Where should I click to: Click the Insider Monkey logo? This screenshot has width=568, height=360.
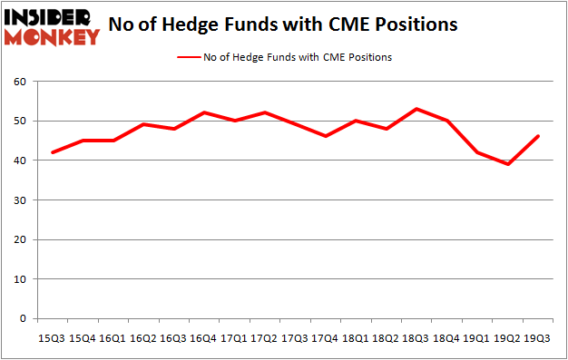coord(52,26)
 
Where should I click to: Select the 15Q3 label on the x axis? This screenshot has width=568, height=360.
coord(52,338)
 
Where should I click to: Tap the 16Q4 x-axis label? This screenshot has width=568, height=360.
coord(203,338)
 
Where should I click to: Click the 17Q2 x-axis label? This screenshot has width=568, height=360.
coord(264,338)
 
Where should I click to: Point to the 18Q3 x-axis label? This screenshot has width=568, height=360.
coord(415,338)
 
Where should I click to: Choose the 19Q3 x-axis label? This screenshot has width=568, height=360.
coord(536,338)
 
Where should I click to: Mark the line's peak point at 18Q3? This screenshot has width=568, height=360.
coord(416,109)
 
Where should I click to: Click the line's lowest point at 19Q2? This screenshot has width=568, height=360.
coord(506,164)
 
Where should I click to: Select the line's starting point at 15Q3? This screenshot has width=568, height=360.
coord(52,152)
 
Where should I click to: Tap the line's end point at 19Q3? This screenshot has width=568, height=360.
coord(537,137)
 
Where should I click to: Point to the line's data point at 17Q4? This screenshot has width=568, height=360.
coord(325,137)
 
